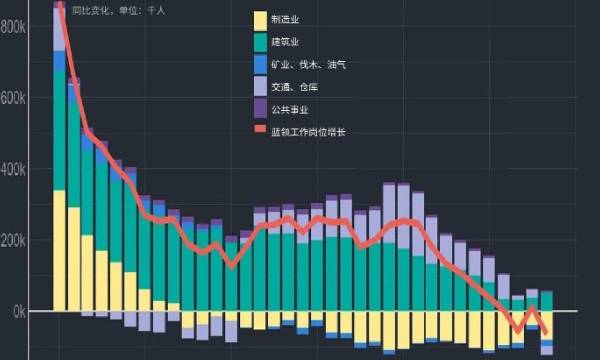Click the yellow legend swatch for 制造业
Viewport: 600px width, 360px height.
tap(261, 19)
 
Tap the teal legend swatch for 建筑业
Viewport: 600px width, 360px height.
tap(261, 41)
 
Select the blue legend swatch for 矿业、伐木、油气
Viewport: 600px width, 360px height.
tap(261, 64)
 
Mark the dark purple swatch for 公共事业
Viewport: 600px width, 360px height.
tap(261, 109)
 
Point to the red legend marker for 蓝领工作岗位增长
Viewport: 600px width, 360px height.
tap(261, 131)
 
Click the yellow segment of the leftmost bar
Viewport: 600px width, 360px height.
tap(59, 250)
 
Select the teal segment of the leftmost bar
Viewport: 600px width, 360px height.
tap(59, 130)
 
